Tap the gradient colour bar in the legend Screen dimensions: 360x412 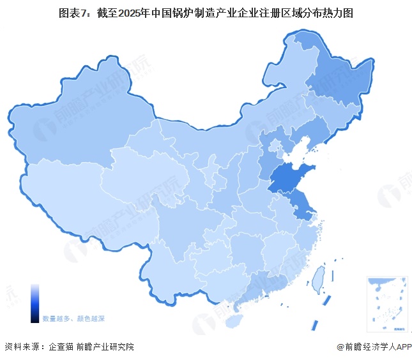pyautogui.click(x=34, y=304)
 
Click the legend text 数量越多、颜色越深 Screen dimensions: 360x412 pyautogui.click(x=73, y=318)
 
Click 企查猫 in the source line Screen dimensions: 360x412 pyautogui.click(x=60, y=347)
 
